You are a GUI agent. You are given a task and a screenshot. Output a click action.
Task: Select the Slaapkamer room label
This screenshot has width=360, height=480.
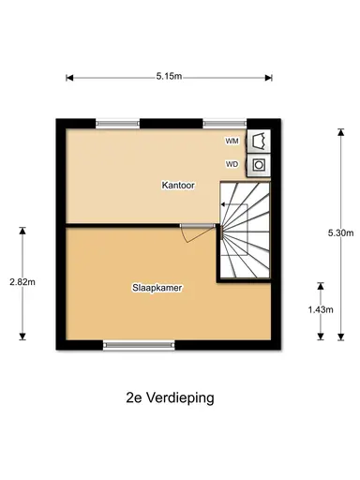[157, 289]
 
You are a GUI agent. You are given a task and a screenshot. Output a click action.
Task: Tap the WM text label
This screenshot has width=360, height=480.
[232, 141]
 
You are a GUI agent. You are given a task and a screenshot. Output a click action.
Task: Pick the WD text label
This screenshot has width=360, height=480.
[232, 165]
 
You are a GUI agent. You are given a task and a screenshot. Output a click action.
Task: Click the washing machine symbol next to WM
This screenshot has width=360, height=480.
[259, 141]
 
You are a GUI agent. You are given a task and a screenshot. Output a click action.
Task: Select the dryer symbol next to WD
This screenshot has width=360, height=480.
[259, 165]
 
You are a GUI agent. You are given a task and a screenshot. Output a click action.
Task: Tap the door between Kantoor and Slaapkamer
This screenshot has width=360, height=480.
[193, 230]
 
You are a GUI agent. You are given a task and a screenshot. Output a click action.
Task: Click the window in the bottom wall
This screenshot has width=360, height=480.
[132, 345]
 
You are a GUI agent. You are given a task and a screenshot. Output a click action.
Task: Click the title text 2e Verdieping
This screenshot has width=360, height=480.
[170, 397]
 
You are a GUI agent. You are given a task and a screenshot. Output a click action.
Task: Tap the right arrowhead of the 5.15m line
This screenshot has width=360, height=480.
[273, 77]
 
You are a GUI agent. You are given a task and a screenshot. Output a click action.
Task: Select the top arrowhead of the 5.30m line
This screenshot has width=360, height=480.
[339, 126]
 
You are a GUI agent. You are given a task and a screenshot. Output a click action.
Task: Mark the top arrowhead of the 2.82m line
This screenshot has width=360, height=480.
[21, 227]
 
